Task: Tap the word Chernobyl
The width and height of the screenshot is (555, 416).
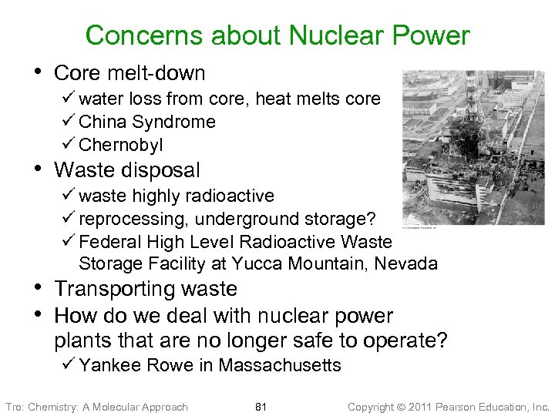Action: pos(121,145)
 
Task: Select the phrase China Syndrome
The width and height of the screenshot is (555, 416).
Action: pos(147,122)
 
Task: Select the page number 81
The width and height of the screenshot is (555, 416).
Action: pos(261,407)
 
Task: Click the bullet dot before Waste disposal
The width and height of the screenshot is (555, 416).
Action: pos(39,167)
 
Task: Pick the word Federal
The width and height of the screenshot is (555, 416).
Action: pos(106,241)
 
